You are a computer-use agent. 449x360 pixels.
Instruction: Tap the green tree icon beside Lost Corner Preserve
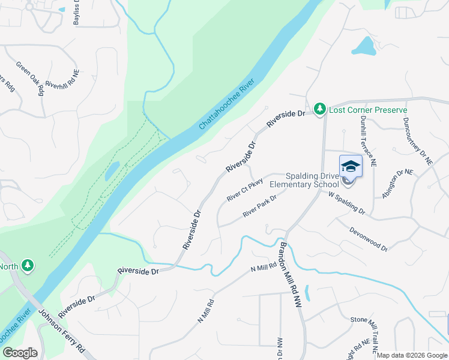tap(321, 109)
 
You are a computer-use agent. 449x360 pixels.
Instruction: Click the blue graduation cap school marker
tap(351, 167)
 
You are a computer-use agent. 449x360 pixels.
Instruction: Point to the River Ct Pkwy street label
tap(244, 189)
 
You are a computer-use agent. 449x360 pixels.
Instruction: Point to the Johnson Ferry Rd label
tap(62, 332)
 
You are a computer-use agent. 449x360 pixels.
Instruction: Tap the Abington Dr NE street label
tap(398, 184)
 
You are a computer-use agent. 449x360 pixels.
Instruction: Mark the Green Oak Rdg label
tap(31, 78)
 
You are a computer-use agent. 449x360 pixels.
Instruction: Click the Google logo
tap(20, 353)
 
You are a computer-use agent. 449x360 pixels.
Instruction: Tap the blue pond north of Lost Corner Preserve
tap(364, 46)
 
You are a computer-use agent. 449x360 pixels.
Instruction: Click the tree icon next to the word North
tap(26, 265)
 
